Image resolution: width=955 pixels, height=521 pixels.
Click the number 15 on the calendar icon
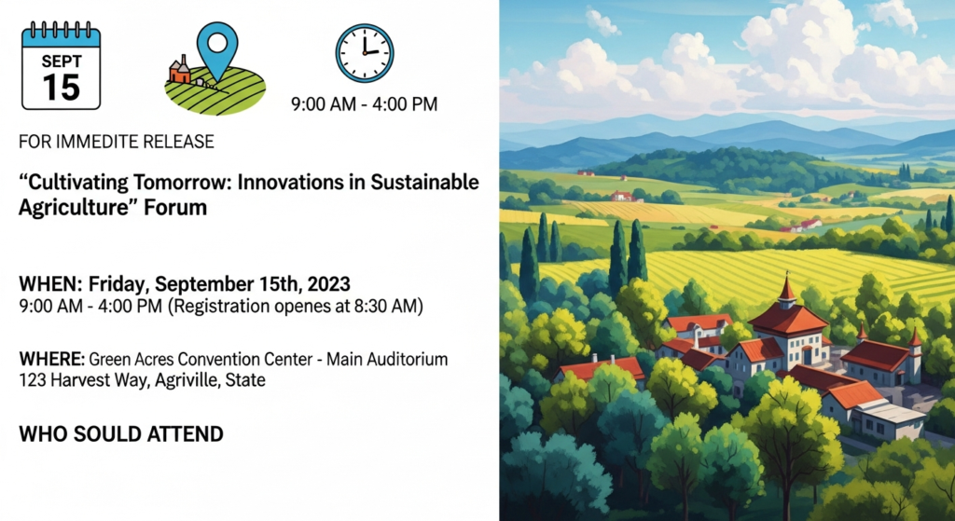[x=61, y=88]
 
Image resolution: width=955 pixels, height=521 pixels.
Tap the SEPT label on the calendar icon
[x=61, y=61]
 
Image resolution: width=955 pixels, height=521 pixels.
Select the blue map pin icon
[x=217, y=48]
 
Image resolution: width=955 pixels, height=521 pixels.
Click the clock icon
[x=365, y=53]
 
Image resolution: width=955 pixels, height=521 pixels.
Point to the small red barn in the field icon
[x=179, y=71]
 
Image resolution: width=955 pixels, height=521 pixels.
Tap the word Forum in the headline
[x=181, y=207]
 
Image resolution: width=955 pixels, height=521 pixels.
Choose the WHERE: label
[x=51, y=359]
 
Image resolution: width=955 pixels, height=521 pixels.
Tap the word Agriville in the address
[x=187, y=380]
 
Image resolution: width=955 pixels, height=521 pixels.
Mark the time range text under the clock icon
[x=364, y=104]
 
